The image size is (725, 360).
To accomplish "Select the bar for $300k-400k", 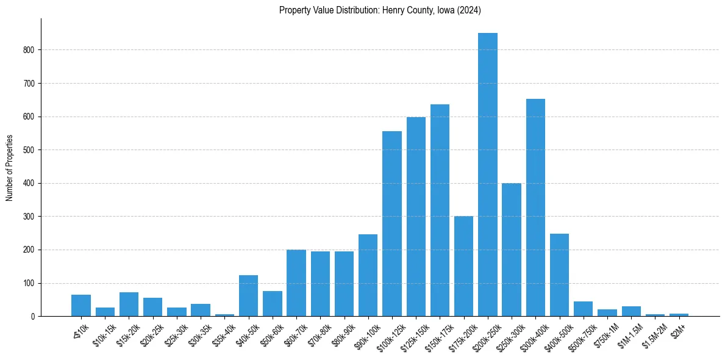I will coord(535,207).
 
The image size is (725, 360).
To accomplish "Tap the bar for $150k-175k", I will coord(440,211).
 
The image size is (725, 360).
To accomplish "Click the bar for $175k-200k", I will coord(464,266).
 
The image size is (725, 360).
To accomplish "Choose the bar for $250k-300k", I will coord(512,250).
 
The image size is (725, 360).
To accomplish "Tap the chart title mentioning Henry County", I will coord(380,10).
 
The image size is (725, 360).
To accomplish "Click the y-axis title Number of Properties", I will coord(9,168).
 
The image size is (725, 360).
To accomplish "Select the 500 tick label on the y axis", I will coord(29,150).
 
